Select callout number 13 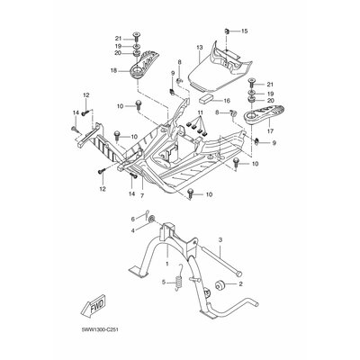[200, 48]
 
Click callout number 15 [245, 31]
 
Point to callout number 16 [227, 101]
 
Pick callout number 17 [270, 131]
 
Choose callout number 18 [114, 71]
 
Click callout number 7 [142, 195]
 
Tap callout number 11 [201, 112]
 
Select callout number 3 [220, 239]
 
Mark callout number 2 [240, 283]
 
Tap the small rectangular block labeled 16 [205, 99]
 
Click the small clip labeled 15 [227, 31]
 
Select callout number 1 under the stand [167, 264]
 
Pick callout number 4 [133, 230]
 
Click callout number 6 [133, 219]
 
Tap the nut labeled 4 [152, 220]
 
